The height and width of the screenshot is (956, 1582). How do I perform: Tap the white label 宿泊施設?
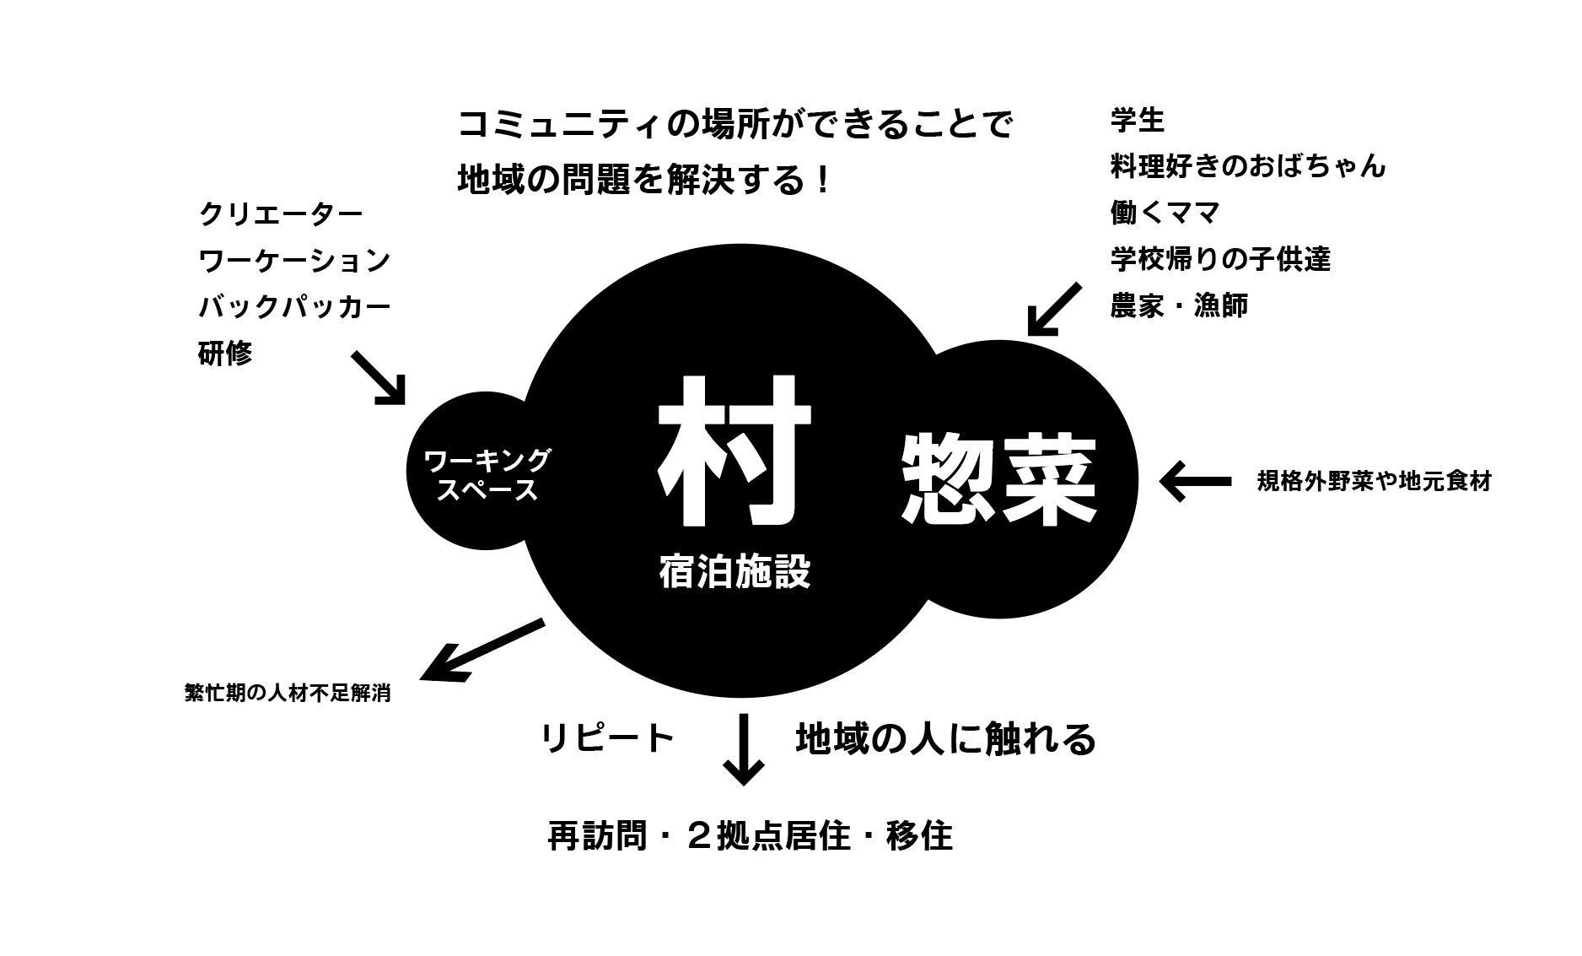click(734, 571)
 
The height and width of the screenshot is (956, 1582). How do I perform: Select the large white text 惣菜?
click(999, 478)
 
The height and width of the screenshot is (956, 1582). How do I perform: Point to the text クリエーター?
click(281, 213)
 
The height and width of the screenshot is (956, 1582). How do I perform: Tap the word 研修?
click(225, 354)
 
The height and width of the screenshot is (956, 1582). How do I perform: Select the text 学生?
click(1137, 121)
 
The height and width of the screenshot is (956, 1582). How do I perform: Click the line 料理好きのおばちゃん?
click(1248, 166)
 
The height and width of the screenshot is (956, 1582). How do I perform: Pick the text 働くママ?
click(1165, 213)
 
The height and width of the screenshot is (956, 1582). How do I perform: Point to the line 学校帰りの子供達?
click(1220, 259)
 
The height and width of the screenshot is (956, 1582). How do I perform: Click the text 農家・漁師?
click(1179, 305)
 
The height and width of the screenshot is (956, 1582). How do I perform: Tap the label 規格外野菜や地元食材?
click(1374, 481)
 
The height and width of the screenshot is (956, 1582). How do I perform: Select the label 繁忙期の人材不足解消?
click(287, 694)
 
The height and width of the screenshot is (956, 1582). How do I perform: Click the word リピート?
click(607, 738)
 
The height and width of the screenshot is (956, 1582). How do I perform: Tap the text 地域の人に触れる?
click(945, 738)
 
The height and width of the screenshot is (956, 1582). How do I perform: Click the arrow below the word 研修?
click(379, 377)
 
